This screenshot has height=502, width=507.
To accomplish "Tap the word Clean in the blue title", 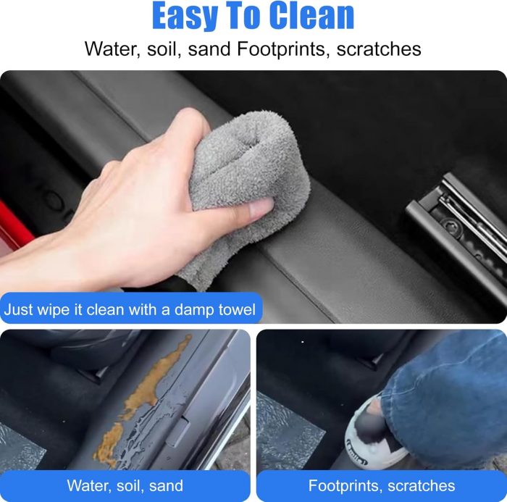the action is (x=311, y=15).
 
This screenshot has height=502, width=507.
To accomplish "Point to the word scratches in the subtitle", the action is (x=379, y=49).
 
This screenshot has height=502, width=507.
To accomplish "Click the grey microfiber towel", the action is (x=246, y=185).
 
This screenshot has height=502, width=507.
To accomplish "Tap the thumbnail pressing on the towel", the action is (x=261, y=208).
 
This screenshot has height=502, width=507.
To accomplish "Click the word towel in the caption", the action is (x=237, y=309).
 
